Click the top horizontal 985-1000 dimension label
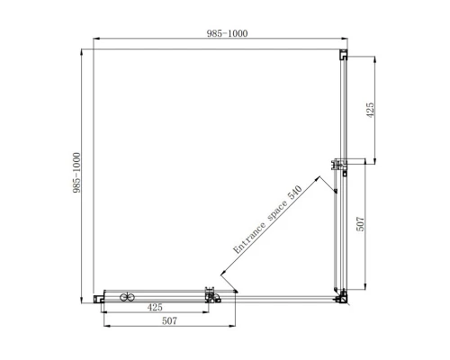point(227,33)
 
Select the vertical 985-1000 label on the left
point(76,173)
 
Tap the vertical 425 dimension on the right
point(370,110)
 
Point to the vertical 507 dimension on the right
point(360,224)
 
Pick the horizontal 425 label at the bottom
point(155,307)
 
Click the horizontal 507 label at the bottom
point(169,320)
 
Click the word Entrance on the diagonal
point(249,238)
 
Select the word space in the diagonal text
point(277,211)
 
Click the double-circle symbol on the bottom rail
point(127,297)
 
